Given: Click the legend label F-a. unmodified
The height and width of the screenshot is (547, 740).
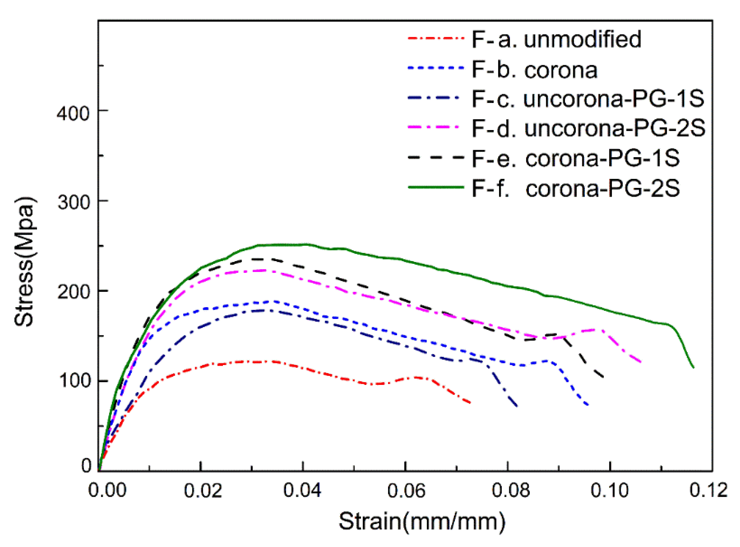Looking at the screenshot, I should click(x=556, y=39).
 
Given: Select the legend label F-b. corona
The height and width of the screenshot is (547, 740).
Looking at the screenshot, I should click(x=534, y=70).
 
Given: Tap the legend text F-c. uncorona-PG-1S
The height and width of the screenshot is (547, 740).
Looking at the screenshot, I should click(x=588, y=99).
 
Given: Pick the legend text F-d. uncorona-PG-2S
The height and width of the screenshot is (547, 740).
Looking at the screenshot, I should click(x=588, y=128).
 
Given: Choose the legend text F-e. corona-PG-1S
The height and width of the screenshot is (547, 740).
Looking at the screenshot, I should click(x=576, y=158).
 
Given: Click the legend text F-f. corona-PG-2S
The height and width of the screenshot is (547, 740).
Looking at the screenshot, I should click(x=576, y=188).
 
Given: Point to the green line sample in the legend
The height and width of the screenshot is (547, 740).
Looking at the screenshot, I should click(x=436, y=187).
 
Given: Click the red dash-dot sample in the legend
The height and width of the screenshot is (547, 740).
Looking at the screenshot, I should click(x=436, y=39).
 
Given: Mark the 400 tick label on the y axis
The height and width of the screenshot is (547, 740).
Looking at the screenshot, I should click(x=73, y=113).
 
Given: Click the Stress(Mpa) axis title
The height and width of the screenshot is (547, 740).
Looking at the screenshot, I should click(x=24, y=261).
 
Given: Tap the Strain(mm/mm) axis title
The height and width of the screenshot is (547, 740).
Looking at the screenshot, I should click(x=422, y=521).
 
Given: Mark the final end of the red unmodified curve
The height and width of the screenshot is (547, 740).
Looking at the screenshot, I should click(x=471, y=403).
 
